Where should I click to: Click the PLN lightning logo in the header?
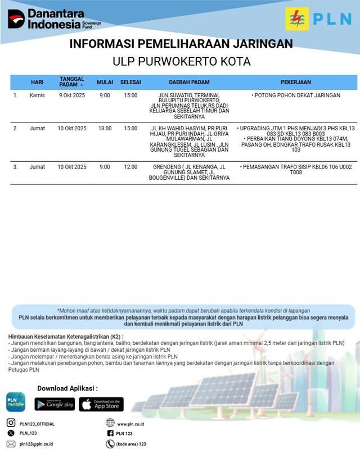(296, 19)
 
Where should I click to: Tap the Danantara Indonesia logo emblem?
(16, 19)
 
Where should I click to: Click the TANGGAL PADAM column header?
(71, 82)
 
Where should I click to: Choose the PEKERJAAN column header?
(298, 82)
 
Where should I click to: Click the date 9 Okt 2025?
(72, 96)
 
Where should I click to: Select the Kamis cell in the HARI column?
(37, 96)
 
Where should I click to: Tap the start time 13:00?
(105, 129)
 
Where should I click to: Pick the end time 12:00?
(130, 167)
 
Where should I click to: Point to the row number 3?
(15, 167)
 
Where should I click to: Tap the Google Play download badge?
(55, 403)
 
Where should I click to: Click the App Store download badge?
(101, 403)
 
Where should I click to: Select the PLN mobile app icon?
(16, 402)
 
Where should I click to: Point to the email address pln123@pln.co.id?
(37, 444)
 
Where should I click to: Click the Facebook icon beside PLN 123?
(110, 434)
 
